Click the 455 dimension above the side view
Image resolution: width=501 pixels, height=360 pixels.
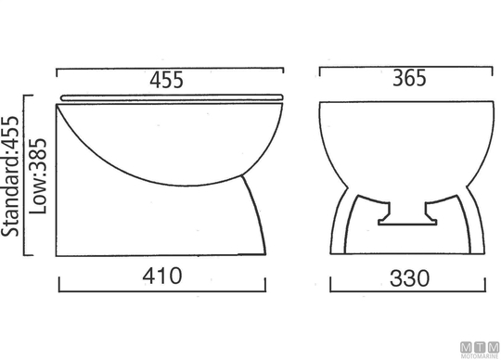pos(166,80)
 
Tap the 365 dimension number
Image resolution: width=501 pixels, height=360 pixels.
pos(409,78)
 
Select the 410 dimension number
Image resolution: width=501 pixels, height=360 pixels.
pos(162,276)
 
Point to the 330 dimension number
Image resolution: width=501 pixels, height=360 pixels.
pos(410,278)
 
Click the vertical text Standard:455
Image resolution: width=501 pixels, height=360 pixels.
pos(10,176)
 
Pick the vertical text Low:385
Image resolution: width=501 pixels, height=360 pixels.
pos(38,176)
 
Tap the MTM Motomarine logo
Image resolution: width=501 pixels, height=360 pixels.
pos(480,350)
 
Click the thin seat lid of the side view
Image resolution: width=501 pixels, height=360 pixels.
pos(172,97)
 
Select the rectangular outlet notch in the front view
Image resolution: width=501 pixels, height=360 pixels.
pos(407,213)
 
